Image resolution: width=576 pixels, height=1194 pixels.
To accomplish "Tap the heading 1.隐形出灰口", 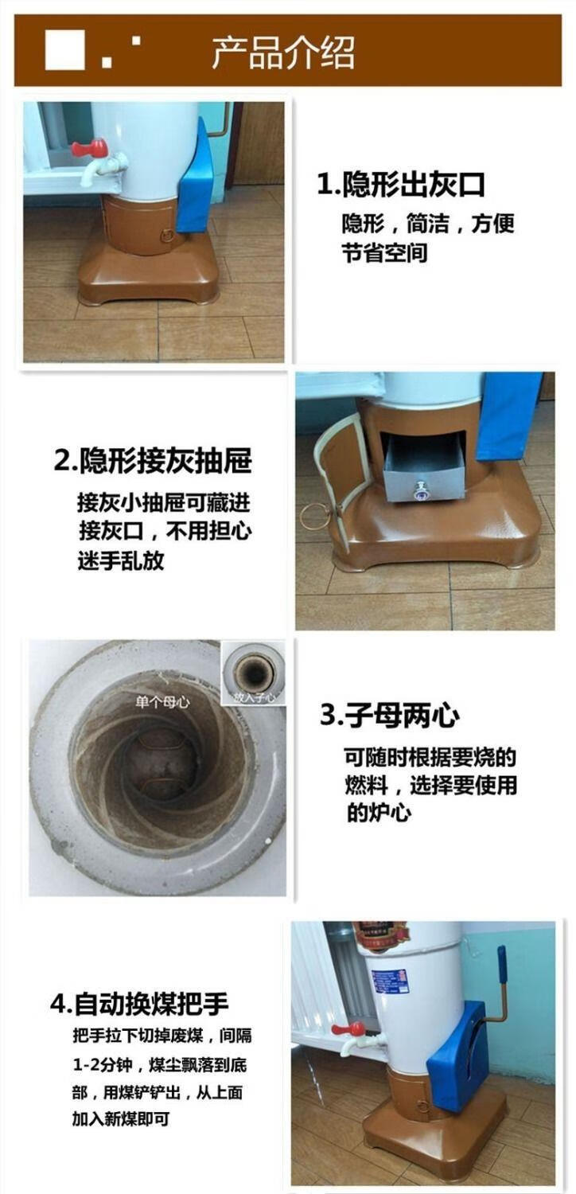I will click(401, 185).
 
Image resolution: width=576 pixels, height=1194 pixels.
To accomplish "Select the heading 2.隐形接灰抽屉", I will click(153, 461).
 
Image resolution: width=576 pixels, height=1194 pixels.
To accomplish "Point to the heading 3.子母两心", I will click(389, 716).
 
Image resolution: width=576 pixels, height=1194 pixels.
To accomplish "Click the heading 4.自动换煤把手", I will click(139, 1004).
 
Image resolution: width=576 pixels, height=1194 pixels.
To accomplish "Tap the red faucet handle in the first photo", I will click(89, 148).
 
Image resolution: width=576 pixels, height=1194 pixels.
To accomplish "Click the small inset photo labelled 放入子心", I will click(253, 673).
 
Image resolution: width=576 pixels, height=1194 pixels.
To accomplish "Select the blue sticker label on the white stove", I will click(390, 981).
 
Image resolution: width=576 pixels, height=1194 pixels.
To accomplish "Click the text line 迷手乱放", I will click(121, 560).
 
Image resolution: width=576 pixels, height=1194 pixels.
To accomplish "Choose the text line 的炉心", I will click(378, 814).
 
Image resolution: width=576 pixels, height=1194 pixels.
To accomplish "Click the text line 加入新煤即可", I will click(121, 1118).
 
